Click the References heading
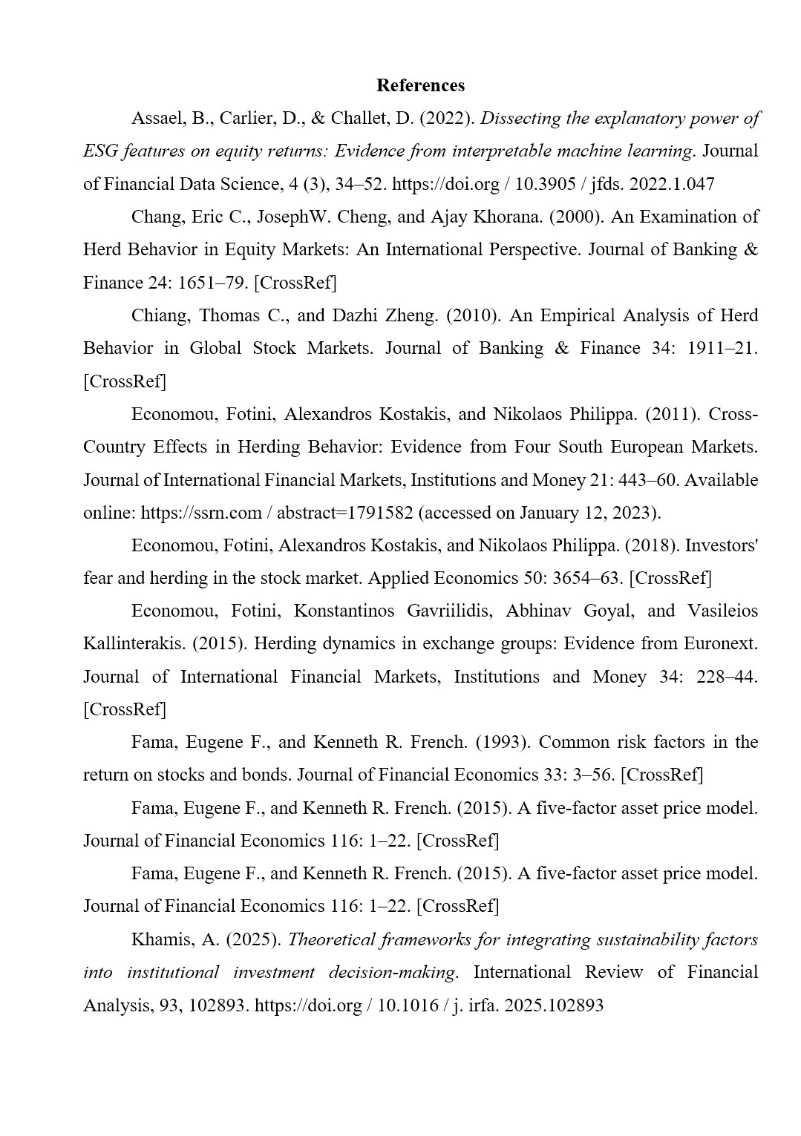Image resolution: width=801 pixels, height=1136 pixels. click(x=420, y=85)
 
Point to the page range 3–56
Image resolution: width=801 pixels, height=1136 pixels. click(x=593, y=775)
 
